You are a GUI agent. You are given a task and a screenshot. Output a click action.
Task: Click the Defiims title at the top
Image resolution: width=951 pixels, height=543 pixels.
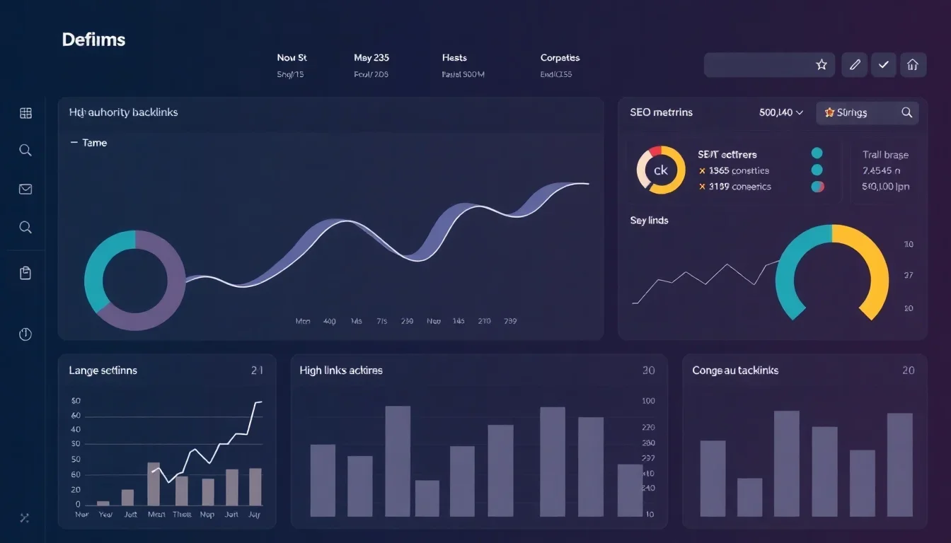tap(93, 40)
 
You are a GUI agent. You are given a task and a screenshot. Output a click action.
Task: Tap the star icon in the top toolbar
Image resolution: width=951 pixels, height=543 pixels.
tap(822, 65)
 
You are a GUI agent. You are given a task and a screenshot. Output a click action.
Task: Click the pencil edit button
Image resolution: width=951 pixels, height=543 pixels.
tap(855, 65)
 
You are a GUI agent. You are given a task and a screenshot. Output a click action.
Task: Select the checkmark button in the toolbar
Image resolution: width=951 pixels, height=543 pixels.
tap(884, 65)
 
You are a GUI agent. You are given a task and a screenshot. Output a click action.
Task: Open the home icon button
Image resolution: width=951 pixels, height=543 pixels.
tap(912, 65)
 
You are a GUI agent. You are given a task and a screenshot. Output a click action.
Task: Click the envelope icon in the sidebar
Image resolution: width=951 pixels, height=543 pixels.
tap(25, 189)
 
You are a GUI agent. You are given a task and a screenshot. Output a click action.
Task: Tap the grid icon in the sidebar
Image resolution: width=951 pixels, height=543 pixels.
tap(25, 113)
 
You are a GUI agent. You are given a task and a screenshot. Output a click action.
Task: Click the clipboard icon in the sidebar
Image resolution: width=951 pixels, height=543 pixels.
tap(25, 273)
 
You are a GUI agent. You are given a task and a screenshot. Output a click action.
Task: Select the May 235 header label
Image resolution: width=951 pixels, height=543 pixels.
tap(371, 58)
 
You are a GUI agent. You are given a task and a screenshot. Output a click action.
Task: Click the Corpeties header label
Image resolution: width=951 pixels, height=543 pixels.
tap(560, 58)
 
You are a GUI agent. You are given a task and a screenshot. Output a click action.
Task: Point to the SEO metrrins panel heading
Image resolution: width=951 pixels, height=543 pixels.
tap(661, 112)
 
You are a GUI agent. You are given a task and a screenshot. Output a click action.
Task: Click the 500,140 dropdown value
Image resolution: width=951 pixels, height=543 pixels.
tap(780, 112)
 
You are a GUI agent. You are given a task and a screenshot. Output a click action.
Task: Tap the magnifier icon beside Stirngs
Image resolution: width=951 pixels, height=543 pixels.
tap(906, 112)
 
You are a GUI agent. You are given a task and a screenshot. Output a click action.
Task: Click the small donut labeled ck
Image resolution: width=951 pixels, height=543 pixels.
tap(661, 170)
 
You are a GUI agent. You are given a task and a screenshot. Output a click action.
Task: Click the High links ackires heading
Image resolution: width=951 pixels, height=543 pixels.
tap(341, 370)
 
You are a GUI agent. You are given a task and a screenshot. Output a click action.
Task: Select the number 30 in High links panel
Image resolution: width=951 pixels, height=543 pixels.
tap(648, 370)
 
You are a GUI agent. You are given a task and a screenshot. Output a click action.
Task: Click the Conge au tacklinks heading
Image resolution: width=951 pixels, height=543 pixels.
tap(735, 370)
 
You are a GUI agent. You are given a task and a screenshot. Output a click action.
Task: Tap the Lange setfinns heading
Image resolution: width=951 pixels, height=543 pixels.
tap(103, 370)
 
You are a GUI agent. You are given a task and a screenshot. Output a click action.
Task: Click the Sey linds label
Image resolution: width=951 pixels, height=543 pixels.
tap(649, 221)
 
